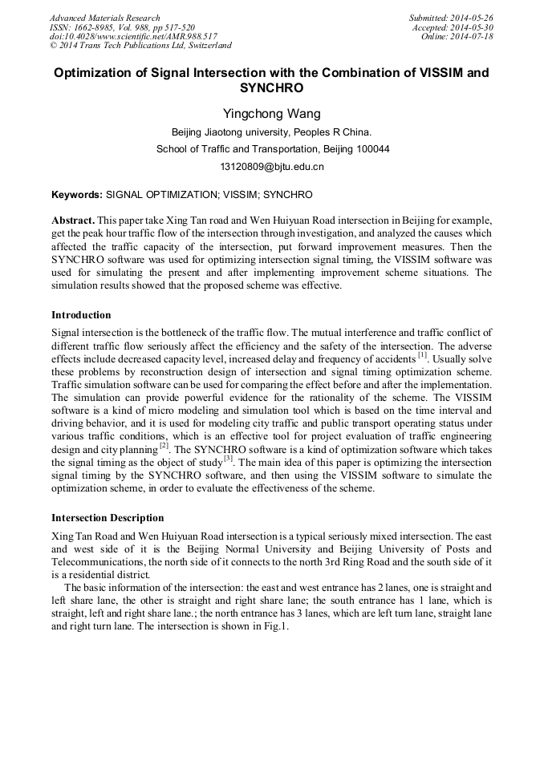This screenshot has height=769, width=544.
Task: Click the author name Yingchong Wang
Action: click(271, 115)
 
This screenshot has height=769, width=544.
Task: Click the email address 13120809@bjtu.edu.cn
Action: click(271, 167)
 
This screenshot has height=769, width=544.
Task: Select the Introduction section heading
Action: click(81, 314)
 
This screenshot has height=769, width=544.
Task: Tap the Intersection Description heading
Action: click(108, 517)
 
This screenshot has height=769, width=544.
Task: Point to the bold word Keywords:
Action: click(77, 195)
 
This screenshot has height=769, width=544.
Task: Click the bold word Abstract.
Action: click(73, 219)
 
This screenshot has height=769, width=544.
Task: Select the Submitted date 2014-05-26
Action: click(472, 18)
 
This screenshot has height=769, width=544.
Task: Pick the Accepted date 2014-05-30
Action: click(472, 27)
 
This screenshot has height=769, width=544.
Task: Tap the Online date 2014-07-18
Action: click(472, 37)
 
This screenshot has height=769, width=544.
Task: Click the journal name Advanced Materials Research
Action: click(104, 18)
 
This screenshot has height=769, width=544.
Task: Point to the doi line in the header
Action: click(133, 37)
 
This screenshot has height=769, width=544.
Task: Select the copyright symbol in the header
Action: click(54, 47)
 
